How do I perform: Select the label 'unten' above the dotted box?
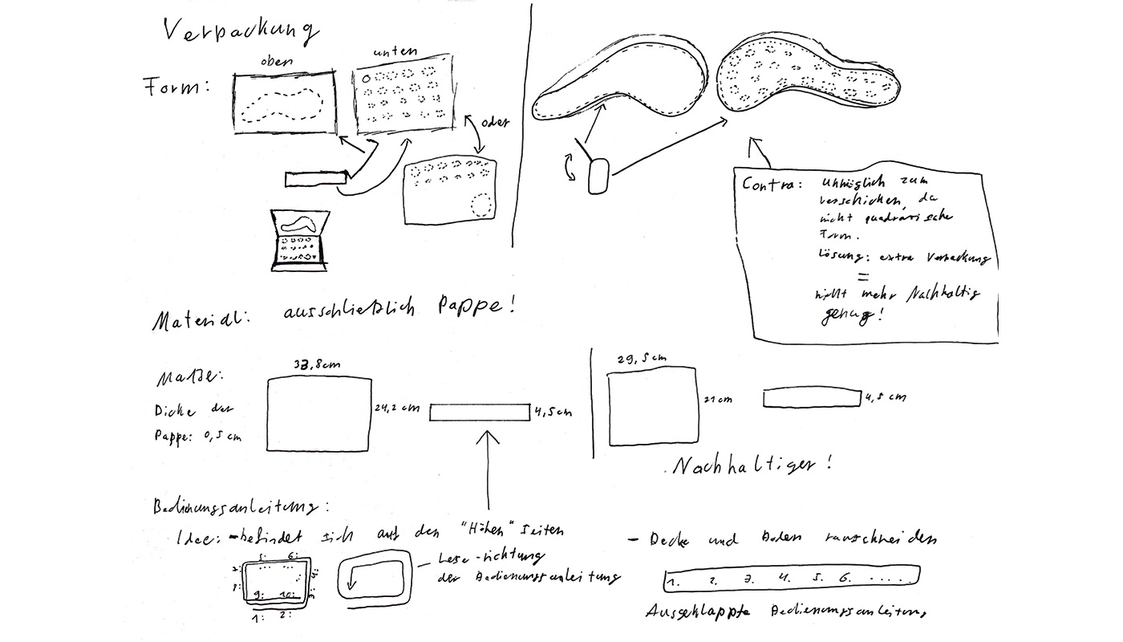click(x=392, y=53)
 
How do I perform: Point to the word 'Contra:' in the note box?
click(x=771, y=184)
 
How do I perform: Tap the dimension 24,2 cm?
click(x=397, y=407)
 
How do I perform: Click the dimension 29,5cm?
click(x=641, y=360)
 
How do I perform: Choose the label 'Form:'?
click(x=176, y=86)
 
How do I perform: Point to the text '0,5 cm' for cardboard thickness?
click(x=220, y=437)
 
